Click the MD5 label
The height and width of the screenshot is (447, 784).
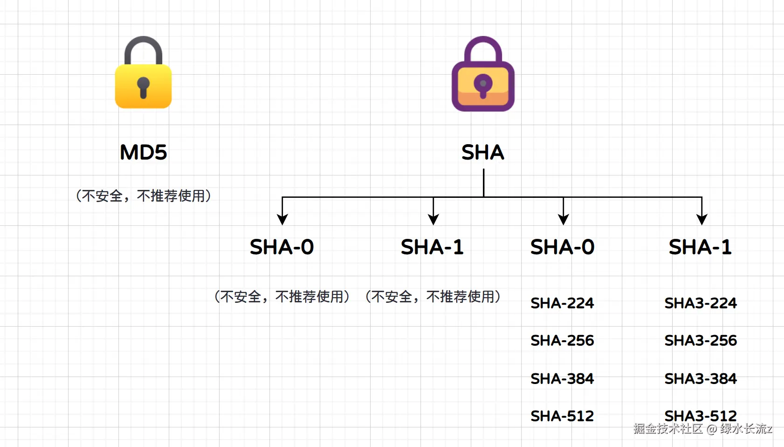[x=143, y=153]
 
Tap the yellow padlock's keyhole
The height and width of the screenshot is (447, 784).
[x=143, y=86]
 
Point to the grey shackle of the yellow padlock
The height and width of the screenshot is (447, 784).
[x=143, y=47]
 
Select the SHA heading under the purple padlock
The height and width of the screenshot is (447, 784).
[x=483, y=153]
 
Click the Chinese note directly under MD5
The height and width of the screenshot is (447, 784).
[x=143, y=196]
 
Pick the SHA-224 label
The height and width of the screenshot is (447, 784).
[x=562, y=303]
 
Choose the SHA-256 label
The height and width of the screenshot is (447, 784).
[x=562, y=341]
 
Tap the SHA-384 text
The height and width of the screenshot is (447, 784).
[x=562, y=378]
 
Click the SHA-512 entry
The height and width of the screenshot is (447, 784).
[x=562, y=416]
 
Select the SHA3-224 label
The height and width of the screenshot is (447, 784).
[x=701, y=303]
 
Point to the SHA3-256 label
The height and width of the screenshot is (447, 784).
[x=701, y=341]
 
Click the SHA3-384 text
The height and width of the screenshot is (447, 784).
[x=701, y=378]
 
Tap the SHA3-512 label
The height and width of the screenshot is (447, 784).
[x=701, y=415]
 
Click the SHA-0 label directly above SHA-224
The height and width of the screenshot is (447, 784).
[x=562, y=247]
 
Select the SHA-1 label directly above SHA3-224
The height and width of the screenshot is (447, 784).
[x=701, y=247]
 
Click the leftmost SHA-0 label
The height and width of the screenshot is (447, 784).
[x=282, y=247]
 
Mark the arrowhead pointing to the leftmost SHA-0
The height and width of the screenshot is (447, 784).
[x=282, y=219]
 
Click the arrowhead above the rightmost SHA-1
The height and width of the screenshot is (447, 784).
[x=702, y=219]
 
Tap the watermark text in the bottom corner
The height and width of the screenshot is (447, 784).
[x=702, y=429]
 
